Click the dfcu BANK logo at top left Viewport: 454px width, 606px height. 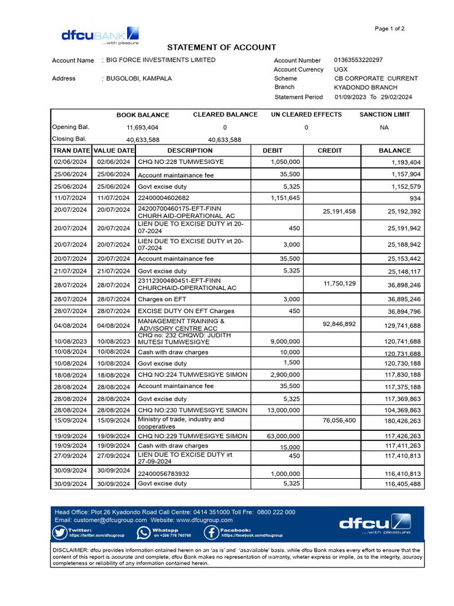[100, 35]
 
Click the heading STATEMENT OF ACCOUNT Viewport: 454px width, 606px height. [221, 47]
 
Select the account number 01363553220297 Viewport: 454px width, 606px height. [358, 60]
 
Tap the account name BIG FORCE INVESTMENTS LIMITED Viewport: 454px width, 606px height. [161, 60]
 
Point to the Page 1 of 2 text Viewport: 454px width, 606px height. [390, 28]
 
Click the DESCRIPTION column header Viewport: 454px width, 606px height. [190, 150]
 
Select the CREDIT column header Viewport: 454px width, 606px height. [329, 150]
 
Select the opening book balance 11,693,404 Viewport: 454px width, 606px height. [142, 127]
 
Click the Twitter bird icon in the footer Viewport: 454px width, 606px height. [60, 533]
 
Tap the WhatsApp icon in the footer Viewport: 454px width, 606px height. [144, 533]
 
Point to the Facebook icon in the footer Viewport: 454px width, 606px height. [212, 533]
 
